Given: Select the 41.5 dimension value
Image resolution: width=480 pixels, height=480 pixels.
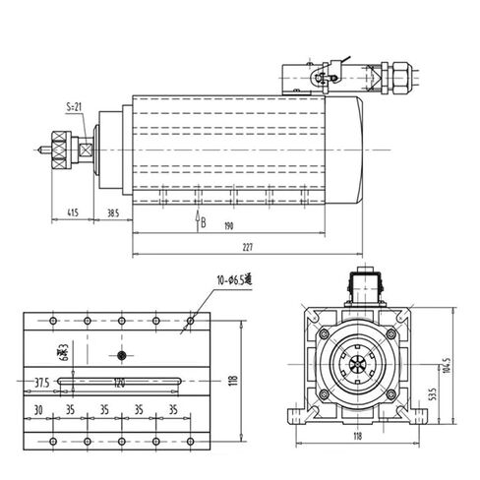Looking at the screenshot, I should coord(74,211).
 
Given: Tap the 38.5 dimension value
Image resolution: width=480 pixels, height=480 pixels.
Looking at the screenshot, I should coord(113,211).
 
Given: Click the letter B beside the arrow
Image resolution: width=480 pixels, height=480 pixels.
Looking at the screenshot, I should coord(204,222).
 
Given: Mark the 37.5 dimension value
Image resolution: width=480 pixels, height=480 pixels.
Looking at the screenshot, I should coord(40,382).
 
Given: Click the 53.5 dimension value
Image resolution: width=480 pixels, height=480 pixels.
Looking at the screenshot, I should coord(434,396).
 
